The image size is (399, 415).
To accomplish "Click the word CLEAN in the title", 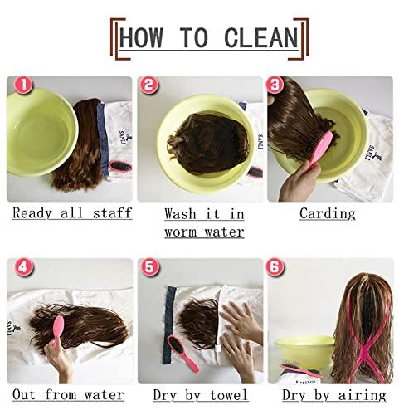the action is (x=261, y=37).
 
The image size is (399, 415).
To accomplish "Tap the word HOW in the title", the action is (x=141, y=37).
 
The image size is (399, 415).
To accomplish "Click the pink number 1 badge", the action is (x=23, y=85).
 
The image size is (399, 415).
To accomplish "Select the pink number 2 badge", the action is (x=148, y=85).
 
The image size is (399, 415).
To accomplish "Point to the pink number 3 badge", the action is (x=275, y=85).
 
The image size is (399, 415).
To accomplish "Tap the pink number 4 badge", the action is (x=23, y=267).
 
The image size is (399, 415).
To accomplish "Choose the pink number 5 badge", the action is (x=149, y=267).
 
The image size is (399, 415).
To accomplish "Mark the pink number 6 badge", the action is (x=275, y=267).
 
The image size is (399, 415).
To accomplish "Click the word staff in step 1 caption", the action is (x=112, y=213).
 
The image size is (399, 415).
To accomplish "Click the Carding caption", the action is (x=328, y=214).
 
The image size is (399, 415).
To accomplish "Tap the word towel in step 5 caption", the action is (x=228, y=395).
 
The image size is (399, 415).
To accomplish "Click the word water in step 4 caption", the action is (x=104, y=395).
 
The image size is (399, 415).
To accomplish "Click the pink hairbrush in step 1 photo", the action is (x=120, y=167).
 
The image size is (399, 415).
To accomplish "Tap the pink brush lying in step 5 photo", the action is (x=182, y=354).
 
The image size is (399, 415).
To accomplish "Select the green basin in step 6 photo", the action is (x=304, y=351).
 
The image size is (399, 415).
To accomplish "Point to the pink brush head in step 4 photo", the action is (x=58, y=327).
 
